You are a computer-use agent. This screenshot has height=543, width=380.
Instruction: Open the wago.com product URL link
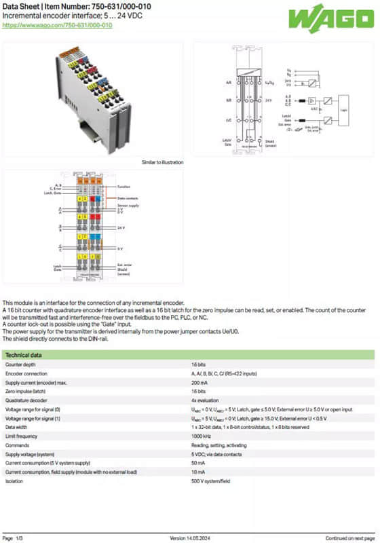[x=57, y=25]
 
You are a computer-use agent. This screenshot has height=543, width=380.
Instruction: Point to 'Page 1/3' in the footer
[x=13, y=538]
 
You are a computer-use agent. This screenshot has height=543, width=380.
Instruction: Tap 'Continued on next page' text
[x=350, y=538]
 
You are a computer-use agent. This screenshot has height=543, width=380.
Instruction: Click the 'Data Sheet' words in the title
[x=21, y=7]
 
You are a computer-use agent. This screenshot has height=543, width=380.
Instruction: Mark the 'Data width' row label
[x=18, y=427]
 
